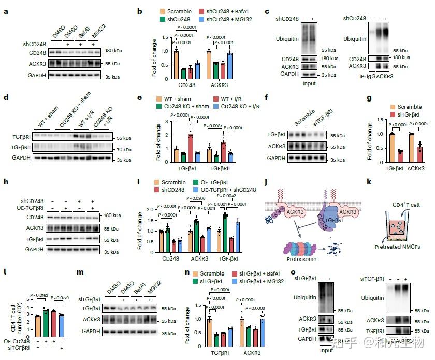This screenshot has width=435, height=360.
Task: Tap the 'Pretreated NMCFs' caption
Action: coord(397,247)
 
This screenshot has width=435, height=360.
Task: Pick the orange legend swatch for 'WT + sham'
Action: coord(161,99)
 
